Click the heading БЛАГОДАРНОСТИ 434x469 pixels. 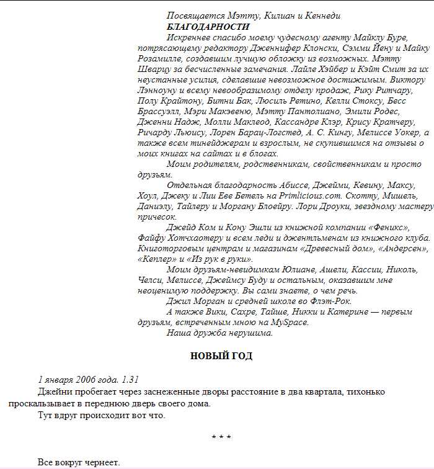point(208,27)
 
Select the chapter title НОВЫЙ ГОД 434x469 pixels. point(221,356)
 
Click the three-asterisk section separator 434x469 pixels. point(221,437)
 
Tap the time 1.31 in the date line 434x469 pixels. point(131,380)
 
